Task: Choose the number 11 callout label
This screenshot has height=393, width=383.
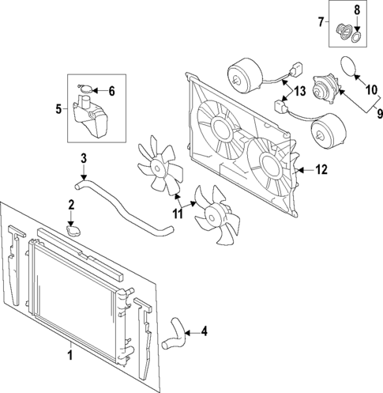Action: point(178,213)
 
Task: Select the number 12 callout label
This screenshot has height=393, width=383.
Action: point(321,168)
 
